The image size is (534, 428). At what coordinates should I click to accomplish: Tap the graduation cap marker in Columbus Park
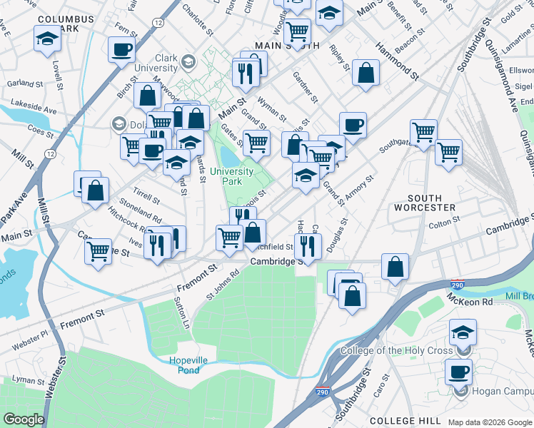pos(47,39)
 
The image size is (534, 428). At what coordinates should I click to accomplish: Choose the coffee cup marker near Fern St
pos(121,49)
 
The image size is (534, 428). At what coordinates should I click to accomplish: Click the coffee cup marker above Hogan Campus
pos(458,371)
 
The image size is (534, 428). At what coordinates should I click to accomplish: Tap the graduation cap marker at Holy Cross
pos(463,332)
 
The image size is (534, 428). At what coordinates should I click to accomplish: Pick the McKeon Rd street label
pos(470,302)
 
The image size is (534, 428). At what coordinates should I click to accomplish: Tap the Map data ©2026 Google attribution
pos(490,422)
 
